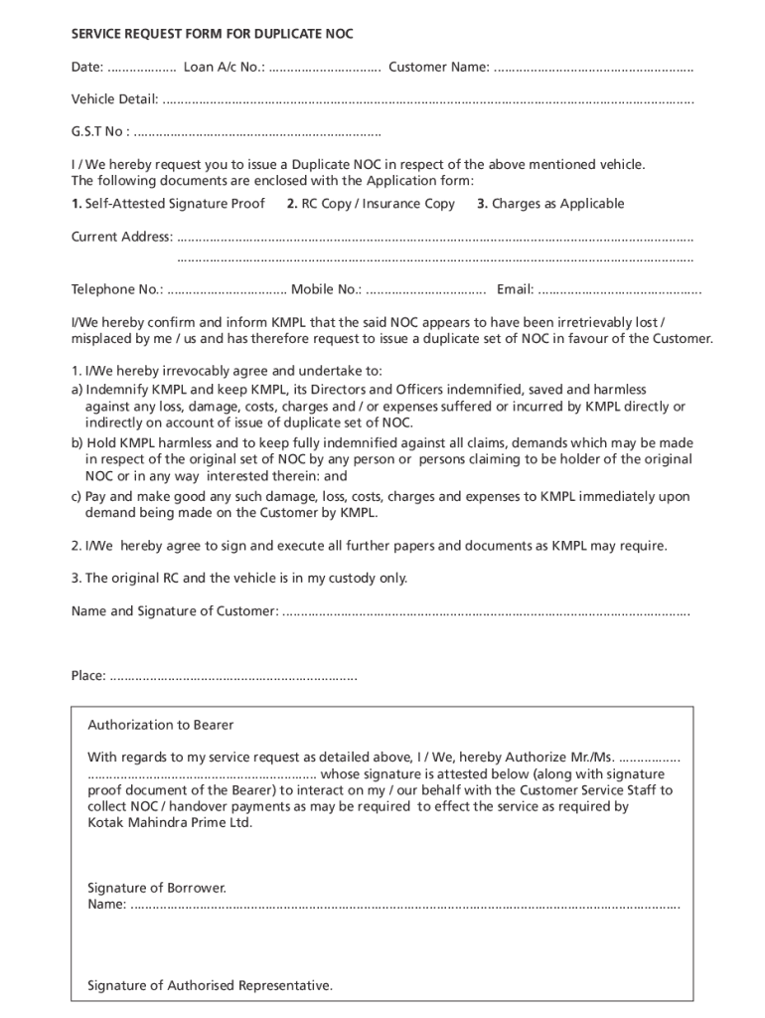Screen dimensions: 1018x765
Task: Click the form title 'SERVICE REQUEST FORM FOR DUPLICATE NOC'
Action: click(212, 34)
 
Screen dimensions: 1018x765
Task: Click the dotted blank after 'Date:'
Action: click(141, 68)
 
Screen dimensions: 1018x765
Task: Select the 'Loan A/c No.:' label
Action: click(224, 68)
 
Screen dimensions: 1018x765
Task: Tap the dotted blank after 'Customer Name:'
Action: click(593, 68)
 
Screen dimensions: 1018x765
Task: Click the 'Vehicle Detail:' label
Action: click(114, 99)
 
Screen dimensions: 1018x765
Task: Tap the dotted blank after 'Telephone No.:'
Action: click(228, 290)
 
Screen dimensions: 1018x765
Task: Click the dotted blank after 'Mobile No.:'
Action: click(425, 290)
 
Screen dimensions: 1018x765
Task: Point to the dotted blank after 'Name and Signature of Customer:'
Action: click(486, 611)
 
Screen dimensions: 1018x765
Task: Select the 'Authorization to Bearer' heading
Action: click(161, 725)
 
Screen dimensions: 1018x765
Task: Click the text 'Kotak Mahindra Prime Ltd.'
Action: click(170, 823)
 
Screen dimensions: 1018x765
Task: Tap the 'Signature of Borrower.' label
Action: click(157, 887)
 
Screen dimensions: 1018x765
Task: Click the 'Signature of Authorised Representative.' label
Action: click(210, 985)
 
